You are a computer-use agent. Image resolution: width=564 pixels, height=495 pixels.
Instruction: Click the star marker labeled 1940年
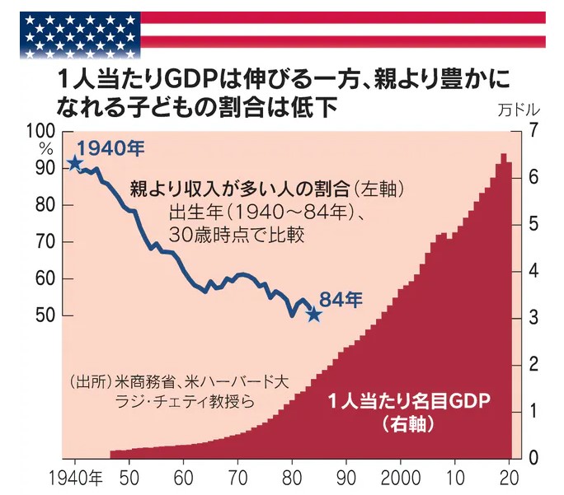pos(75,162)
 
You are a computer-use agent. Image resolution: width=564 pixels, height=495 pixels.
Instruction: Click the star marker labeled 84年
pos(313,314)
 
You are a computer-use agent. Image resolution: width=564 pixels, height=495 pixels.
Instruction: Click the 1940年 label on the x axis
pos(75,479)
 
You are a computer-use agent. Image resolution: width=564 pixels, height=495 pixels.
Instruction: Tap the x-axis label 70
pos(237,479)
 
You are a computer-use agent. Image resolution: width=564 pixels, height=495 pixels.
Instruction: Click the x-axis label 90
pos(346,479)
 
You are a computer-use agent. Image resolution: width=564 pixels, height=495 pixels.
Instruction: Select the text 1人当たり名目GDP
pos(409,402)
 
